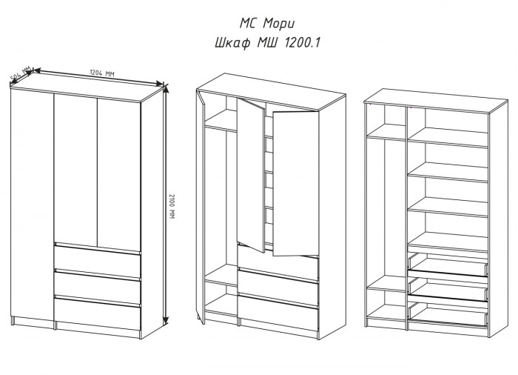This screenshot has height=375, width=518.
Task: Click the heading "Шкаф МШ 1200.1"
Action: click(x=267, y=43)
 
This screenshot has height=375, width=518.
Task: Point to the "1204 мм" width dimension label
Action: click(x=102, y=73)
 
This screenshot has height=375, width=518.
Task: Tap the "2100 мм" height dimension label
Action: click(x=171, y=206)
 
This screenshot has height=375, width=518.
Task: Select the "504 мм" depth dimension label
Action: click(x=21, y=74)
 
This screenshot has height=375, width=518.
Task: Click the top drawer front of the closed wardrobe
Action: click(x=98, y=262)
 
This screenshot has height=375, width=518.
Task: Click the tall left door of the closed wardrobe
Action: click(x=32, y=205)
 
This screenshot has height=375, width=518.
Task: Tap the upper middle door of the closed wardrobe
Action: click(x=75, y=170)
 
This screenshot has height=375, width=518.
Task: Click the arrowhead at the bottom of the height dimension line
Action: click(x=166, y=319)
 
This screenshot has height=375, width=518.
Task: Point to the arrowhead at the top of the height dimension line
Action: click(x=166, y=89)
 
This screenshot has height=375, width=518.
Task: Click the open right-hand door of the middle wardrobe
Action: click(x=295, y=184)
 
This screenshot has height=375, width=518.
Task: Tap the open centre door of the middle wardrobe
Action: click(x=251, y=176)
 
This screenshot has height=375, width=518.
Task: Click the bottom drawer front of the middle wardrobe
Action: click(x=277, y=312)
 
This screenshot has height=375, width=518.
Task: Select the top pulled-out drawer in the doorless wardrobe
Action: click(x=448, y=264)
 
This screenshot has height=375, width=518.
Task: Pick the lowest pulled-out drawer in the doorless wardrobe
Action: click(x=448, y=313)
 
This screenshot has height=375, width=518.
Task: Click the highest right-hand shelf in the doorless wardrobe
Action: click(x=448, y=137)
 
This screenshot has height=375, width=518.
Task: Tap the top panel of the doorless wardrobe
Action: click(x=436, y=101)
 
